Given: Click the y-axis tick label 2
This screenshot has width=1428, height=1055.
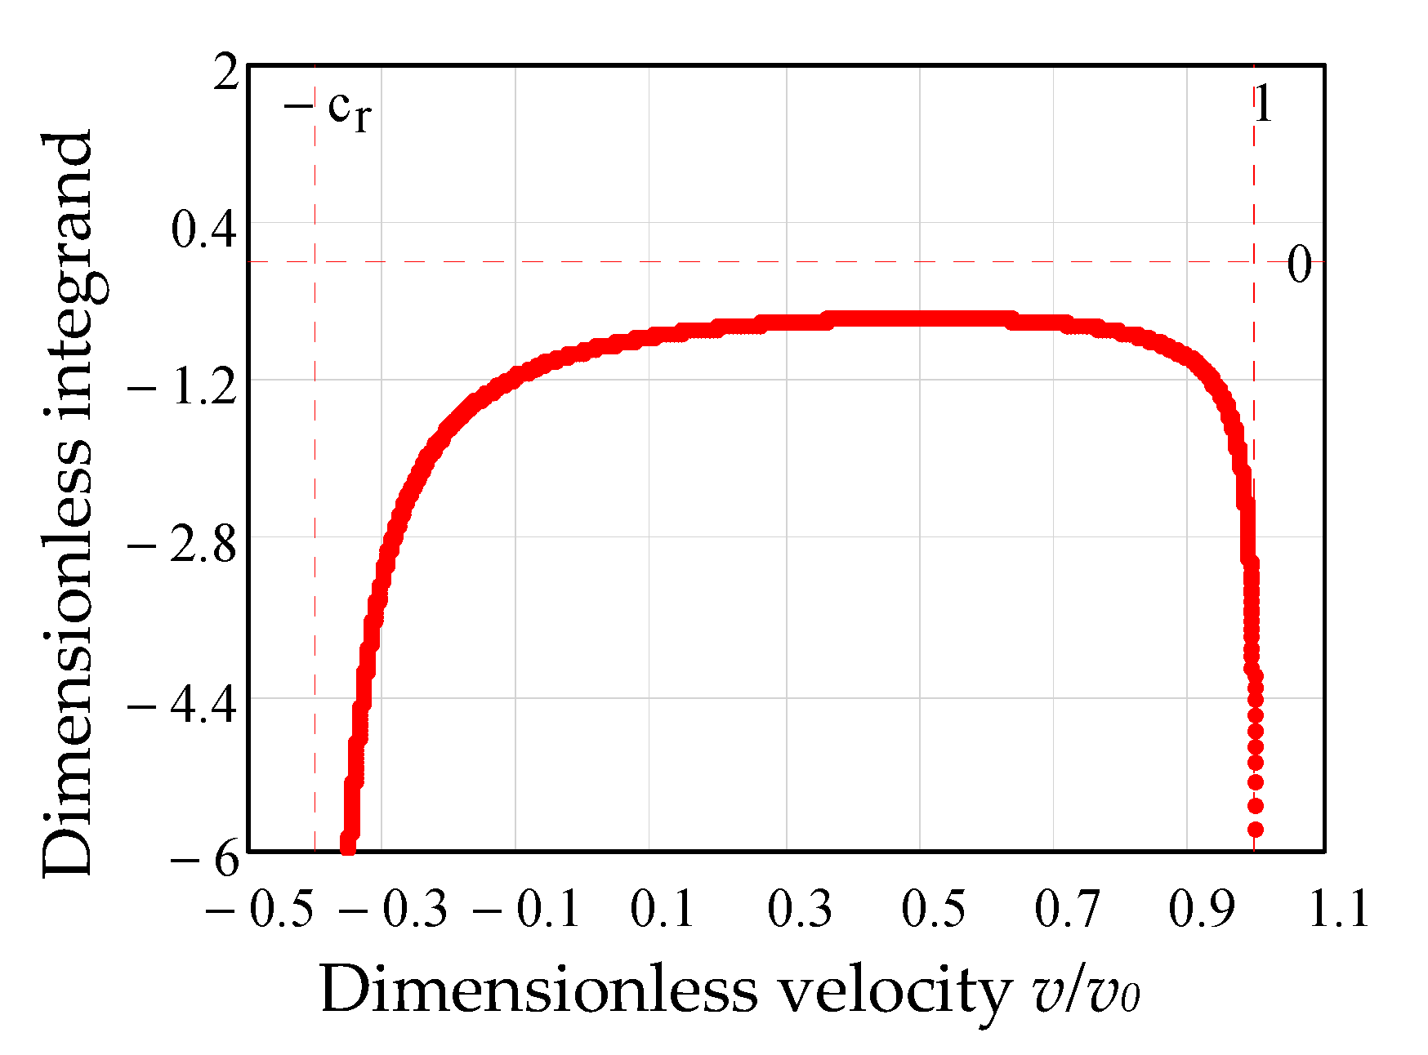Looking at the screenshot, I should coord(225,74).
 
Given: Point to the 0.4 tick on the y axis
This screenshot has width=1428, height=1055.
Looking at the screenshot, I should coord(203,229).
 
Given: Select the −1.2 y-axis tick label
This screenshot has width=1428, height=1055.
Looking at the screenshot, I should coord(183,390).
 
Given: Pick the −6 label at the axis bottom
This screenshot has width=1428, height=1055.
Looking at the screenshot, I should coord(205,860).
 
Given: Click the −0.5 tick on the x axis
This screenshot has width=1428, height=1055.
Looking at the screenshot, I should coord(260,909).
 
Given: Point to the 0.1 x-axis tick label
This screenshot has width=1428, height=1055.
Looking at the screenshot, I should coord(662,909).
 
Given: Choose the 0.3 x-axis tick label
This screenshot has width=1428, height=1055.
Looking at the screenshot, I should coord(799,909).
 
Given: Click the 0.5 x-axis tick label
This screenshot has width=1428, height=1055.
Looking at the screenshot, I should coord(933,909).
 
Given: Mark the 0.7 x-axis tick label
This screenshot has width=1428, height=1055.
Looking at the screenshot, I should coord(1066,909).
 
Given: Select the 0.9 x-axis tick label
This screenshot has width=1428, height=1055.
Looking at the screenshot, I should coord(1200,909).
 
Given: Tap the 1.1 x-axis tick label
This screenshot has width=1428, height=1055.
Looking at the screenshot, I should coord(1338,909).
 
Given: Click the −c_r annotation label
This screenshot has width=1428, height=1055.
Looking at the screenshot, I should coord(327,109).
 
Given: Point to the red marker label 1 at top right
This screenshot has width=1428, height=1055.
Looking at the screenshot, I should coord(1263,105).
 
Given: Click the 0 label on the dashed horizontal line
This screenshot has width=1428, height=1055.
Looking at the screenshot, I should coord(1299,265).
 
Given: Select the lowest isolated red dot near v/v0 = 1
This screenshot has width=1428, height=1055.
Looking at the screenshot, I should coord(1256,830).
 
